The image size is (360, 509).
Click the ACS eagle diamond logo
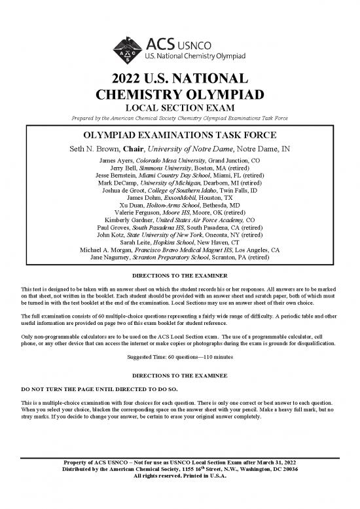pyautogui.click(x=131, y=47)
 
